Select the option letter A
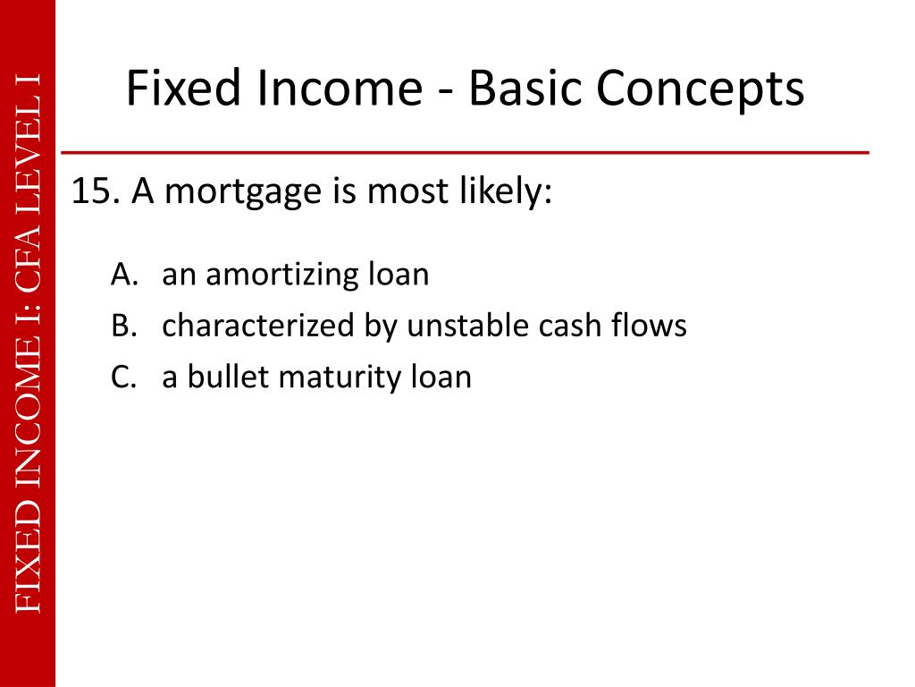tap(122, 275)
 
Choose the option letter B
tap(122, 327)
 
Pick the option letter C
tap(122, 377)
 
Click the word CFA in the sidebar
tap(29, 260)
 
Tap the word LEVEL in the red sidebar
tap(29, 152)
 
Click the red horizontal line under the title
tap(465, 153)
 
